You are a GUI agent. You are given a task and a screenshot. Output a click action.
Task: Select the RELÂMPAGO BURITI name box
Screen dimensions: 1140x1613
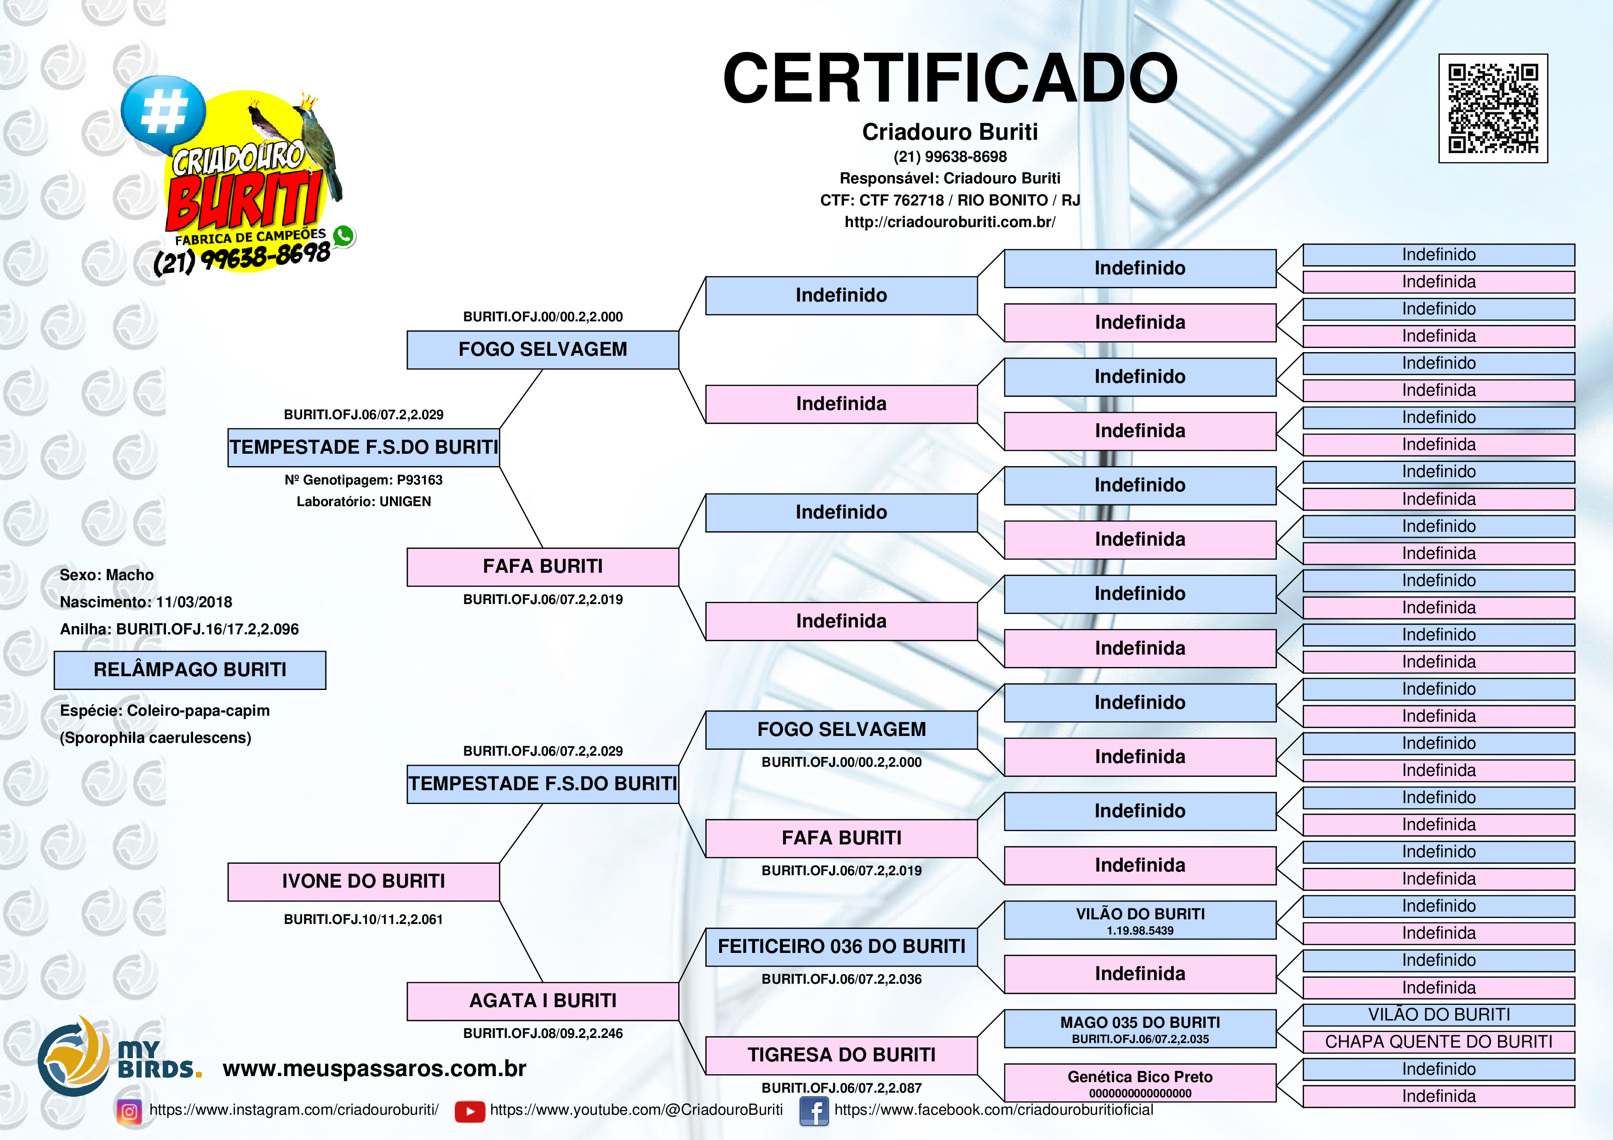point(190,669)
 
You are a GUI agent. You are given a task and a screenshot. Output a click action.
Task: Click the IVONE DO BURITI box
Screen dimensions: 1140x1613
point(363,881)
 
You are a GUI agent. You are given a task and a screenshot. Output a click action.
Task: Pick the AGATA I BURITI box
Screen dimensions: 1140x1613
point(543,1000)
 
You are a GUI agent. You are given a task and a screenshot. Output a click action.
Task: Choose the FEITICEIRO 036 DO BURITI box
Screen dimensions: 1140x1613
point(841,946)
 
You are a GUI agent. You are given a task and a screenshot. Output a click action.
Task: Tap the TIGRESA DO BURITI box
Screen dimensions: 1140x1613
point(841,1054)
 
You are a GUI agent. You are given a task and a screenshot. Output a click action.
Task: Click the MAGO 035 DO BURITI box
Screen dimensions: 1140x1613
point(1139,1028)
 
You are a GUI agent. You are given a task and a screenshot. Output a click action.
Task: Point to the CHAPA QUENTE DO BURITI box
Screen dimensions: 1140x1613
point(1438,1042)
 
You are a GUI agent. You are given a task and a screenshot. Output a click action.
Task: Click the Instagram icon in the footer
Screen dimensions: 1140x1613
point(129,1111)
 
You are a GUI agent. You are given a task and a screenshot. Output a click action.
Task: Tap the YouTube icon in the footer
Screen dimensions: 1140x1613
point(469,1111)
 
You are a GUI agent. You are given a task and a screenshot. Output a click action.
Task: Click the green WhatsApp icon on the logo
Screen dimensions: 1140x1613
point(343,235)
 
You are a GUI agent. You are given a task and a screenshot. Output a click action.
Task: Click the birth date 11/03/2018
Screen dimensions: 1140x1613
point(194,602)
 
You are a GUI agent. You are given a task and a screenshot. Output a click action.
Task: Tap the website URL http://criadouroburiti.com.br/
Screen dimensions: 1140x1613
point(950,222)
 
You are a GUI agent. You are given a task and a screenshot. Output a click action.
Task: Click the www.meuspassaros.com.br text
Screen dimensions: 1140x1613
point(374,1068)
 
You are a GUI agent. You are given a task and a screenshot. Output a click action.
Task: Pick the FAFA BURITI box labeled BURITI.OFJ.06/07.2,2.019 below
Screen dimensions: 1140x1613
point(543,566)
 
